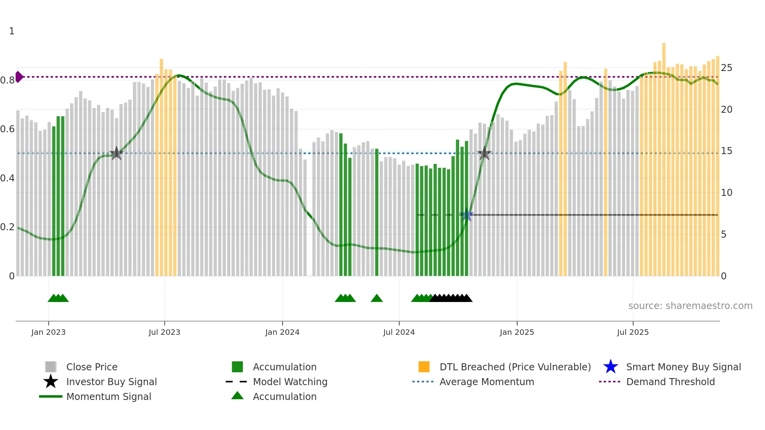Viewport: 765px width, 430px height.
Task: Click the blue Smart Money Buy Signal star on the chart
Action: click(466, 215)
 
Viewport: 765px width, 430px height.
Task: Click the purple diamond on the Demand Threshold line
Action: click(19, 77)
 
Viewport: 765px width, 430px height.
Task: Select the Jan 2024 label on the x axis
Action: click(282, 332)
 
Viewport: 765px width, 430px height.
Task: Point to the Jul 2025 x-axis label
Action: click(633, 332)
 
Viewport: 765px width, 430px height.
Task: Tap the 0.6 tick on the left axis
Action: click(7, 129)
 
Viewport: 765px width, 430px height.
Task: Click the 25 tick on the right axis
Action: click(726, 68)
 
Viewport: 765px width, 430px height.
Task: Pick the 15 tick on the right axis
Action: click(726, 151)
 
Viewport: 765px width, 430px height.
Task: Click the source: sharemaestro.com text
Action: click(690, 306)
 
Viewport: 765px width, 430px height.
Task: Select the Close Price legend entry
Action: click(92, 367)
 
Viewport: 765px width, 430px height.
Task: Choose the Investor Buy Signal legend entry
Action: click(111, 382)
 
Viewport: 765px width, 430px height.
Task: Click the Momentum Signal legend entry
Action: click(109, 396)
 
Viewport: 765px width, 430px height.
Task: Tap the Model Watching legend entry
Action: click(290, 382)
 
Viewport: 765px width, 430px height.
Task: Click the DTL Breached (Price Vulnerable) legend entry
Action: click(515, 367)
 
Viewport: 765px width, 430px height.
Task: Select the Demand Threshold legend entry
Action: click(670, 382)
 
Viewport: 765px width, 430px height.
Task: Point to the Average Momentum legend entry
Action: click(487, 382)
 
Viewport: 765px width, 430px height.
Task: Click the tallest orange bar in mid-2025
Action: click(664, 156)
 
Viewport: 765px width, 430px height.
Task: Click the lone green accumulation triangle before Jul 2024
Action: click(377, 299)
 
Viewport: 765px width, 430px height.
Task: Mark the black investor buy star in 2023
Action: click(116, 153)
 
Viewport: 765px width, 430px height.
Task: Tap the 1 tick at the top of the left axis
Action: click(12, 31)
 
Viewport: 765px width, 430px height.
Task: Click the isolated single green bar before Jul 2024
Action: click(377, 213)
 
